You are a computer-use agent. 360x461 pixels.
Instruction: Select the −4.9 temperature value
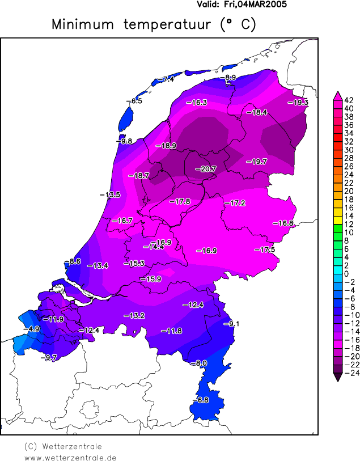tap(31, 329)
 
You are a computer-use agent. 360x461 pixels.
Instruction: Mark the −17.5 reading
tap(264, 250)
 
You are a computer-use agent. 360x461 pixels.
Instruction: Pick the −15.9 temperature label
tap(151, 279)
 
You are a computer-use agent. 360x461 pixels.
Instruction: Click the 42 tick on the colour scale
tap(349, 100)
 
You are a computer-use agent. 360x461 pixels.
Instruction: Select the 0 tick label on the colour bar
tap(346, 273)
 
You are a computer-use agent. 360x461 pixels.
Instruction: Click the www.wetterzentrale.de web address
tap(70, 457)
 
